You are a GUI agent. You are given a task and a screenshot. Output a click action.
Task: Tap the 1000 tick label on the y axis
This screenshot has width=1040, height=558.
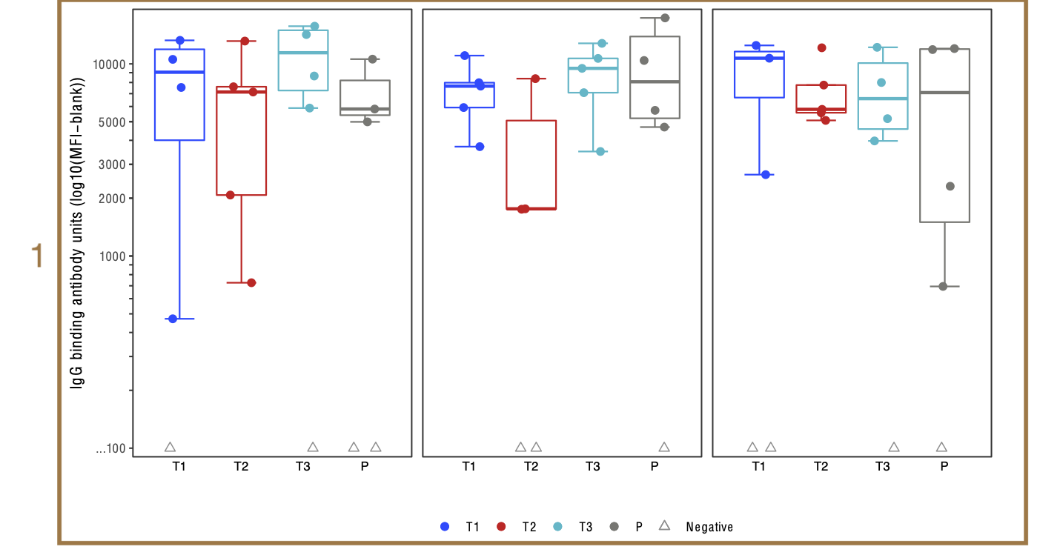click(x=113, y=256)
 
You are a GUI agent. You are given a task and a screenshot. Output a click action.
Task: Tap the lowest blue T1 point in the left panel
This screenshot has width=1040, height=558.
click(x=172, y=319)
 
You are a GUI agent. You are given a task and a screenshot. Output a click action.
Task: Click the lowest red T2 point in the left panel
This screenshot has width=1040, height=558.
click(x=251, y=282)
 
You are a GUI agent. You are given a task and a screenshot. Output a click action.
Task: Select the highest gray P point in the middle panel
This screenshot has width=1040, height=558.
click(x=665, y=18)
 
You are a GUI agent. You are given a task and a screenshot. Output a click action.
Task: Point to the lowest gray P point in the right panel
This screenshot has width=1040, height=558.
click(x=944, y=286)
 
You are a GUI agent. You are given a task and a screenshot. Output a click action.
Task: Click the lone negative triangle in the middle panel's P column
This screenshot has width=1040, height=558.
click(x=664, y=447)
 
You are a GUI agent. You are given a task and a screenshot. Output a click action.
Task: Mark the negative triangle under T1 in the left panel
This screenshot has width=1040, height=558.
click(x=170, y=447)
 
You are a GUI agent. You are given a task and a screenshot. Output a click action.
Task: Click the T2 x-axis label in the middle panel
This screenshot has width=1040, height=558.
click(x=531, y=467)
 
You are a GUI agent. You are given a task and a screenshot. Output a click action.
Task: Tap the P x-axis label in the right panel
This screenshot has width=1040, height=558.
click(x=944, y=467)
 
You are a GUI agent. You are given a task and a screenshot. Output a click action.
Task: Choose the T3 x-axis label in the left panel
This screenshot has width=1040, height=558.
click(x=302, y=467)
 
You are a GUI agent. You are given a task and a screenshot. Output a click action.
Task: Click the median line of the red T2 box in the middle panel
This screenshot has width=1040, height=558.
click(x=531, y=209)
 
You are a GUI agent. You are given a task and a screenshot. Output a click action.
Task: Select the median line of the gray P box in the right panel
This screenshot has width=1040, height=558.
click(x=944, y=93)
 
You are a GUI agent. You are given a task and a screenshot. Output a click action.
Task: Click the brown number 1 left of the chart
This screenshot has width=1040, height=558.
click(x=37, y=256)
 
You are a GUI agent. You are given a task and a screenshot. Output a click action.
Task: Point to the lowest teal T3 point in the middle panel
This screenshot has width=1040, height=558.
click(x=601, y=151)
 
